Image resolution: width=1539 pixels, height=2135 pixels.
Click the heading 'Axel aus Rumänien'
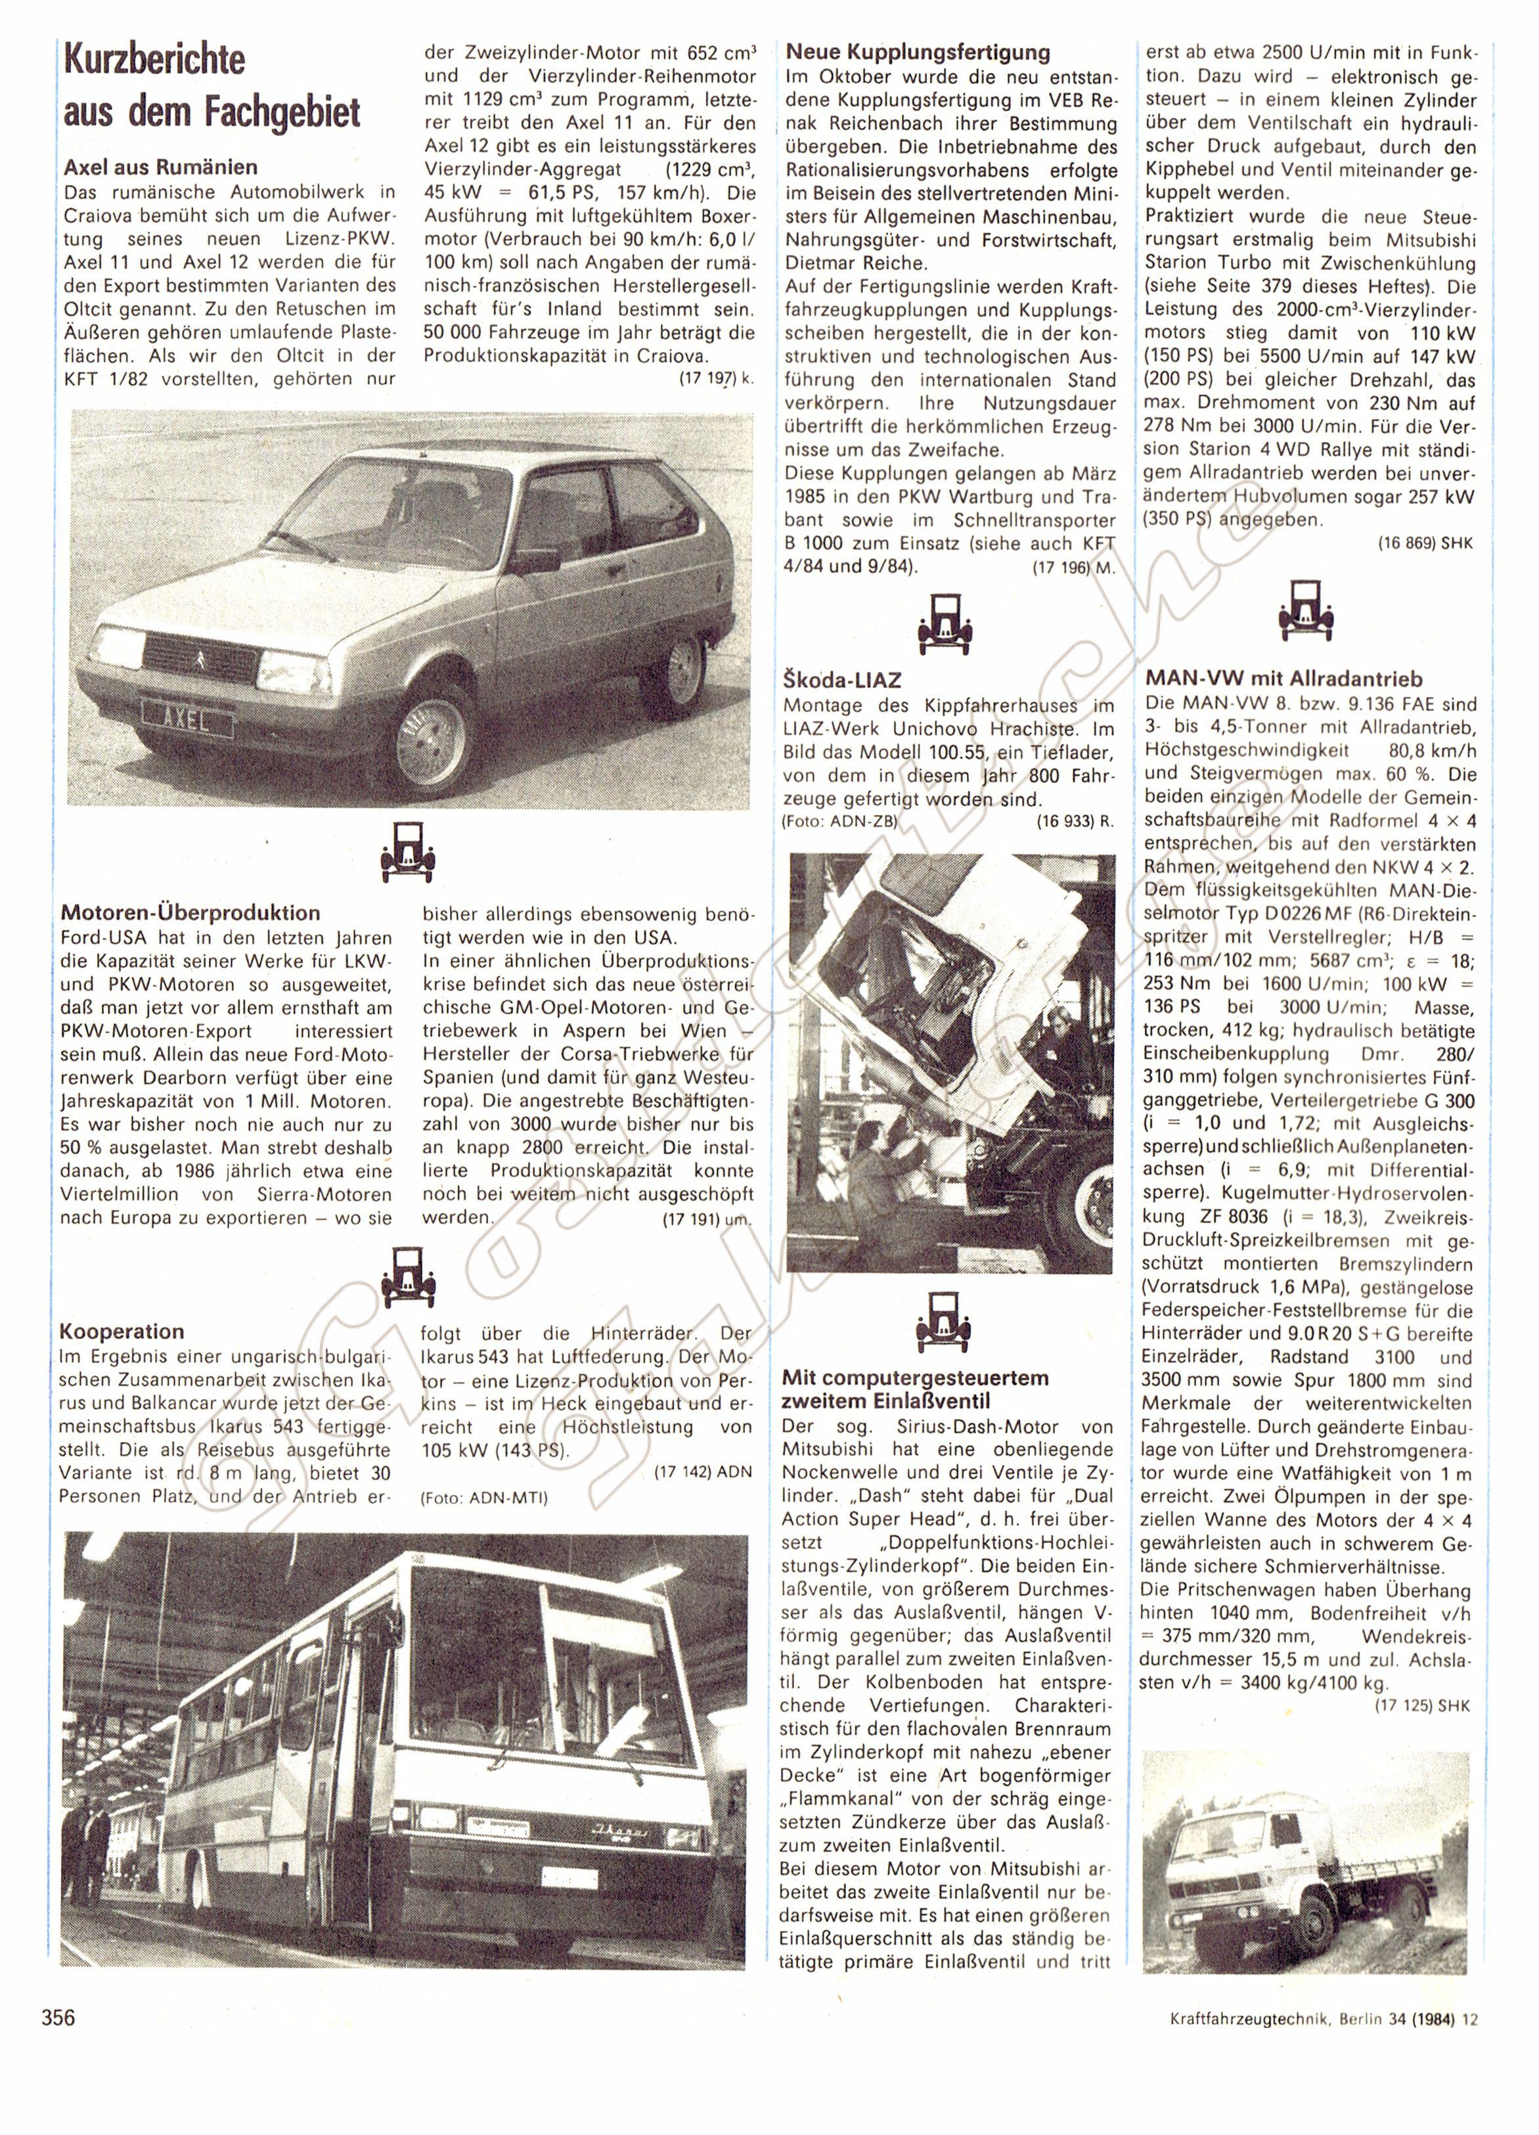click(160, 168)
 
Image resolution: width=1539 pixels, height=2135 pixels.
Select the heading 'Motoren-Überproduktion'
click(190, 912)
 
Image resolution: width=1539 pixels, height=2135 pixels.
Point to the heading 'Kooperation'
click(122, 1331)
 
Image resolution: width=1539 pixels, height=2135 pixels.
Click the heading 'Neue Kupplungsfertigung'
click(918, 53)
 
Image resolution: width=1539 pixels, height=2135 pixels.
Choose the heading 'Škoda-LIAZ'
click(841, 679)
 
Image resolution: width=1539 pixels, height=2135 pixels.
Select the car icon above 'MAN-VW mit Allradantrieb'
click(1306, 606)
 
